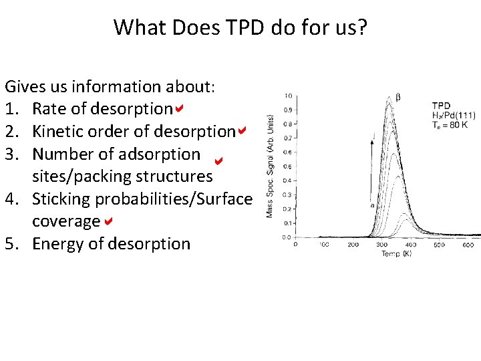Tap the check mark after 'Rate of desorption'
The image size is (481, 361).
pos(179,108)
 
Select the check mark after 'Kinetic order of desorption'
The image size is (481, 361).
pos(242,131)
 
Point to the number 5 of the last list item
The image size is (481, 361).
pos(10,243)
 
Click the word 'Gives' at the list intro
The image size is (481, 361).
pos(26,86)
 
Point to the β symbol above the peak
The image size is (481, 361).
pos(399,97)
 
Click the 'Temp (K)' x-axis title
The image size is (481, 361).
pos(397,254)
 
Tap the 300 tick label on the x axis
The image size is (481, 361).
pos(381,245)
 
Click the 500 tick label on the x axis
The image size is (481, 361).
pos(439,245)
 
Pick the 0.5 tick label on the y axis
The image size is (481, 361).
pos(287,166)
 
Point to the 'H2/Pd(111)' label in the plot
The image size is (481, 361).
pos(454,114)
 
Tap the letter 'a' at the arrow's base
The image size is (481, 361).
pos(371,205)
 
